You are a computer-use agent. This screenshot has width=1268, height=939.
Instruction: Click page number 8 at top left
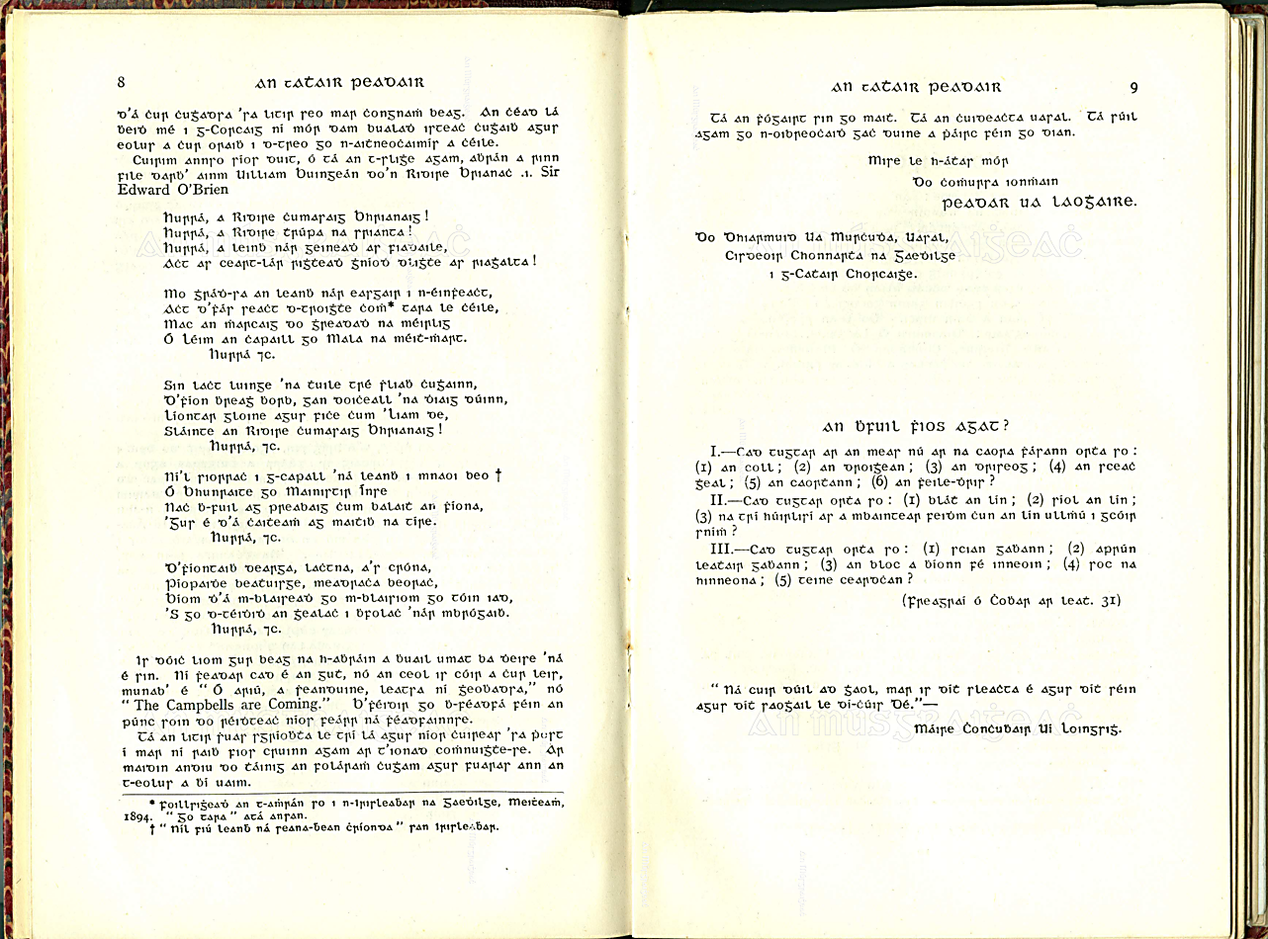point(120,82)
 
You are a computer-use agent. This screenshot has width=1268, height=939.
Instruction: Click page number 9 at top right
point(1132,87)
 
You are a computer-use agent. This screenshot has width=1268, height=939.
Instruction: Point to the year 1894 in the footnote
point(127,817)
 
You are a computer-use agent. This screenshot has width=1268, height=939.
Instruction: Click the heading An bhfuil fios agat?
point(916,427)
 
